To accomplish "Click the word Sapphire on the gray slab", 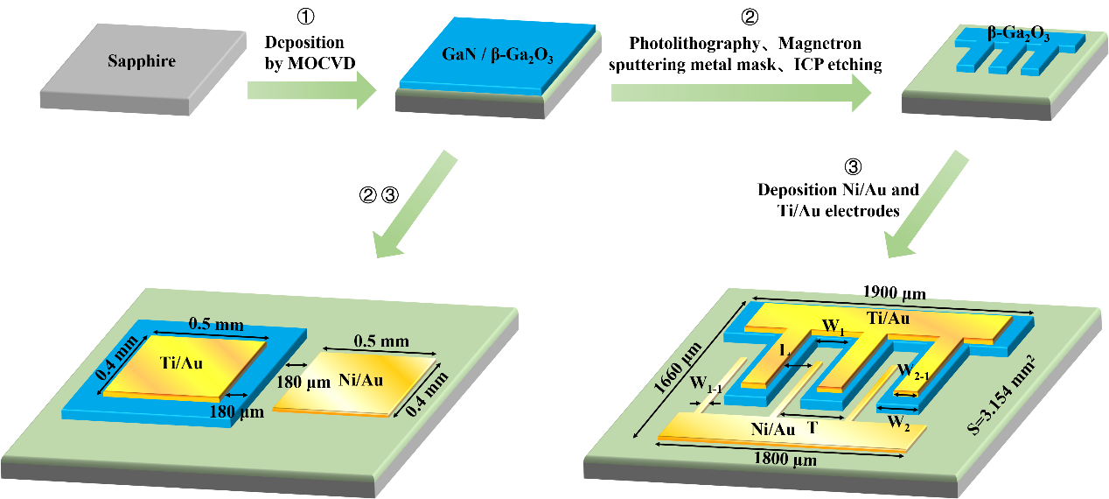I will click(142, 61).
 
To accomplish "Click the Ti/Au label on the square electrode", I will click(183, 362).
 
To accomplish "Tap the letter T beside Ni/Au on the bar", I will click(813, 429).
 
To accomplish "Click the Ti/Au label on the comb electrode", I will click(888, 318).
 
